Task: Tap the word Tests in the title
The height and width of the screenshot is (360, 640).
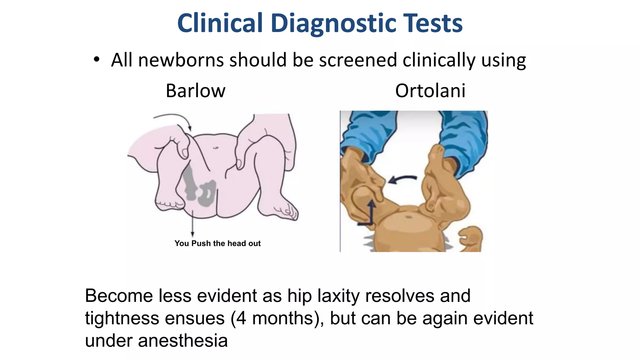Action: point(433,23)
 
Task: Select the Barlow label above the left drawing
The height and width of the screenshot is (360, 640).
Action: point(195,91)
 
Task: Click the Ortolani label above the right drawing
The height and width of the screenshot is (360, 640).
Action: point(430,91)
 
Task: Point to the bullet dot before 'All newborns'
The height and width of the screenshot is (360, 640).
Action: point(97,59)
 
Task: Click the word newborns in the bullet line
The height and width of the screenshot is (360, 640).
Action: point(181,60)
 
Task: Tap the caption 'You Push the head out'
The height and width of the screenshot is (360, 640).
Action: point(217,243)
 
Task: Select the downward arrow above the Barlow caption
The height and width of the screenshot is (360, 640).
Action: point(192,223)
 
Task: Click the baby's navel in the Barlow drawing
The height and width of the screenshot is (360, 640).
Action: point(216,147)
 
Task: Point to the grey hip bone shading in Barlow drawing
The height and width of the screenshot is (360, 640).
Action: point(200,191)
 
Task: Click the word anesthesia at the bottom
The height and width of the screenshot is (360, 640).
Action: point(183,341)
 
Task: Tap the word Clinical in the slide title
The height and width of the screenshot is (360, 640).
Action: point(220,23)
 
